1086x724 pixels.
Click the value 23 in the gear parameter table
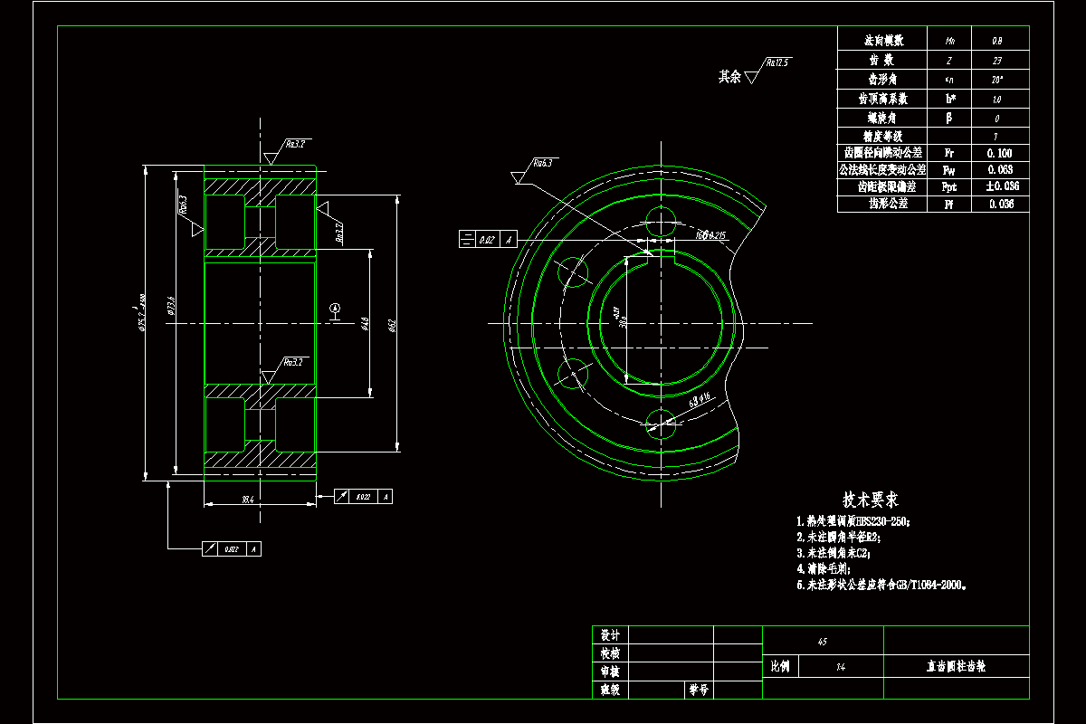(996, 61)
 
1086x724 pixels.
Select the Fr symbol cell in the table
(948, 153)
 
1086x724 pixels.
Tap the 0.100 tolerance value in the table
(999, 153)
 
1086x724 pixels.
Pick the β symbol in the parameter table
(948, 118)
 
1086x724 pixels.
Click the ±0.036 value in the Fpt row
(1000, 186)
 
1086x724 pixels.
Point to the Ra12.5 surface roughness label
(777, 63)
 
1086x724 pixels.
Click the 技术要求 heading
(871, 500)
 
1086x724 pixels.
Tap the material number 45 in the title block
(822, 643)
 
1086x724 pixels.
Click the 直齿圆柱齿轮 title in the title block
(955, 666)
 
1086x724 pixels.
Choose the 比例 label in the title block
(780, 666)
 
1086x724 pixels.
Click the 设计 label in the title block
(610, 635)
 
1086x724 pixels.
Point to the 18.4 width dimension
(247, 499)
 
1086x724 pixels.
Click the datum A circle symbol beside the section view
(335, 309)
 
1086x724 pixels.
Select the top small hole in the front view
(662, 218)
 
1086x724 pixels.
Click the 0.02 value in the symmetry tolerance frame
(486, 240)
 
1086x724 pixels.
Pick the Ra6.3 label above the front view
(542, 164)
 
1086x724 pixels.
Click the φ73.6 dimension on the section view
(171, 309)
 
